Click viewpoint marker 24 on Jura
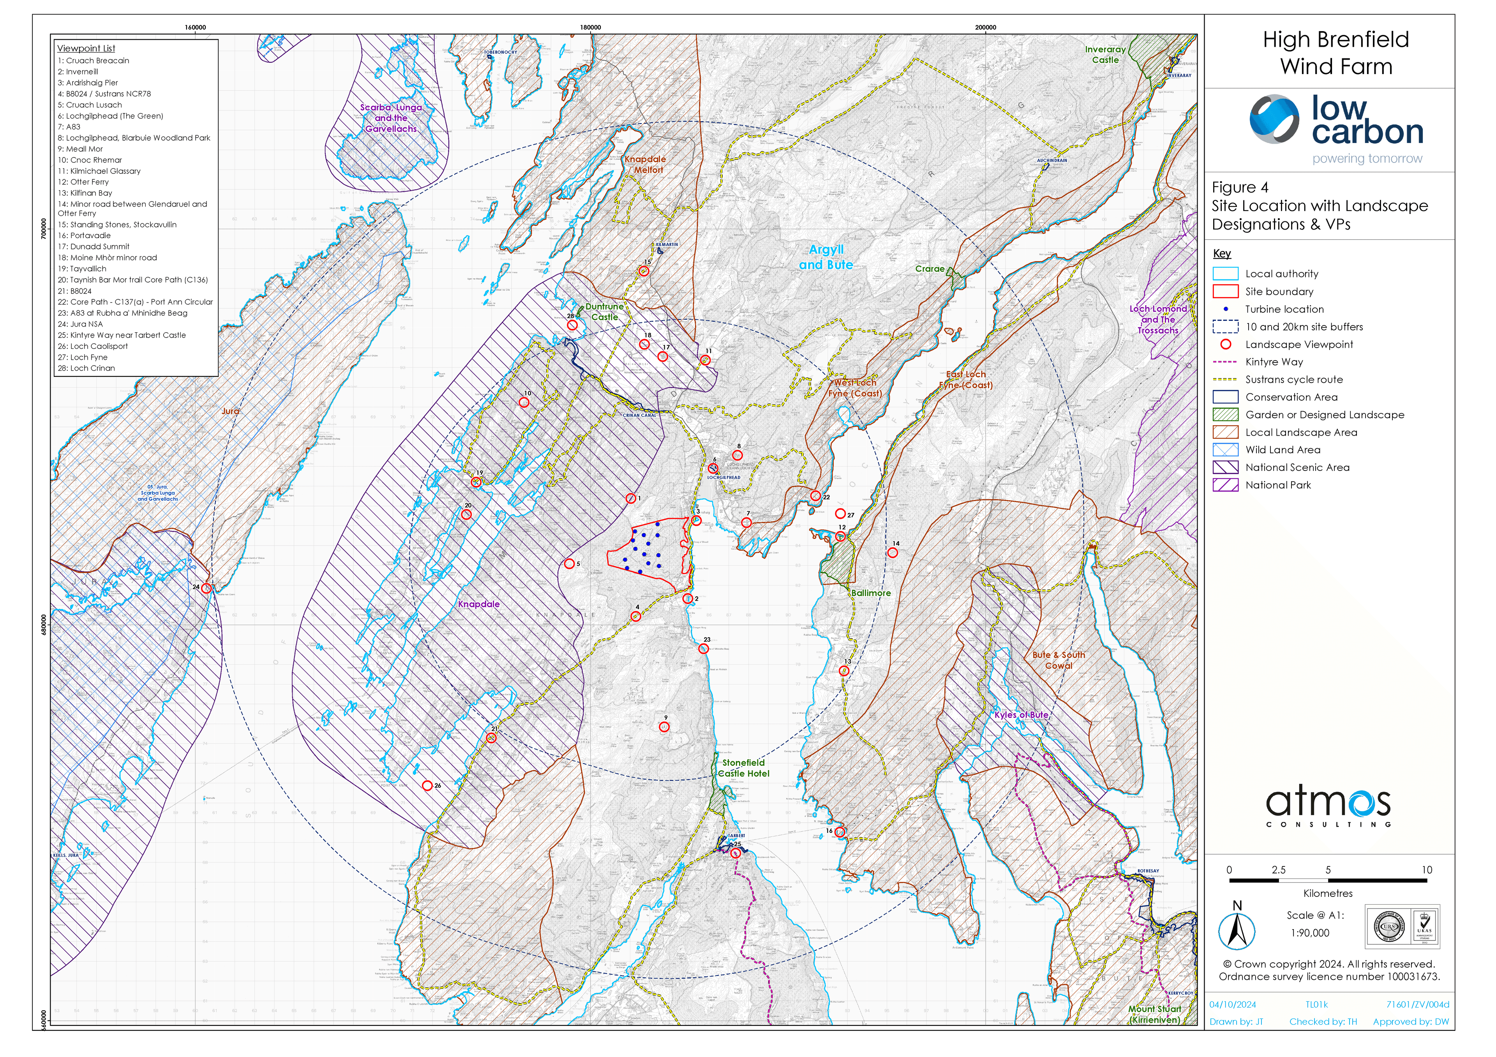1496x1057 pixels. [x=206, y=589]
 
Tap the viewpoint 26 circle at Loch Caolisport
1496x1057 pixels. [x=427, y=786]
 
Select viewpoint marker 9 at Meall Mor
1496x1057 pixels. [x=665, y=727]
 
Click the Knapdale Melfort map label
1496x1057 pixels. [x=646, y=164]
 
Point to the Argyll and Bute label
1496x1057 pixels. [x=826, y=257]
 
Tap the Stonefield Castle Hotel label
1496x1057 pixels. [x=743, y=768]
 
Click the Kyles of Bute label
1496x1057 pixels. [x=1021, y=715]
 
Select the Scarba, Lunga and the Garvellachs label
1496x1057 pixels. [x=391, y=118]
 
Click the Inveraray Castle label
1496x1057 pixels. [x=1105, y=55]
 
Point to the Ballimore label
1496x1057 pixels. [x=870, y=593]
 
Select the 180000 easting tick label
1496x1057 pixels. [x=590, y=27]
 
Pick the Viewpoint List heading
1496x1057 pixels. [x=86, y=48]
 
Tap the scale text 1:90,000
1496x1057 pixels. [x=1310, y=933]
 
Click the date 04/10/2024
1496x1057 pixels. [x=1233, y=1004]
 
